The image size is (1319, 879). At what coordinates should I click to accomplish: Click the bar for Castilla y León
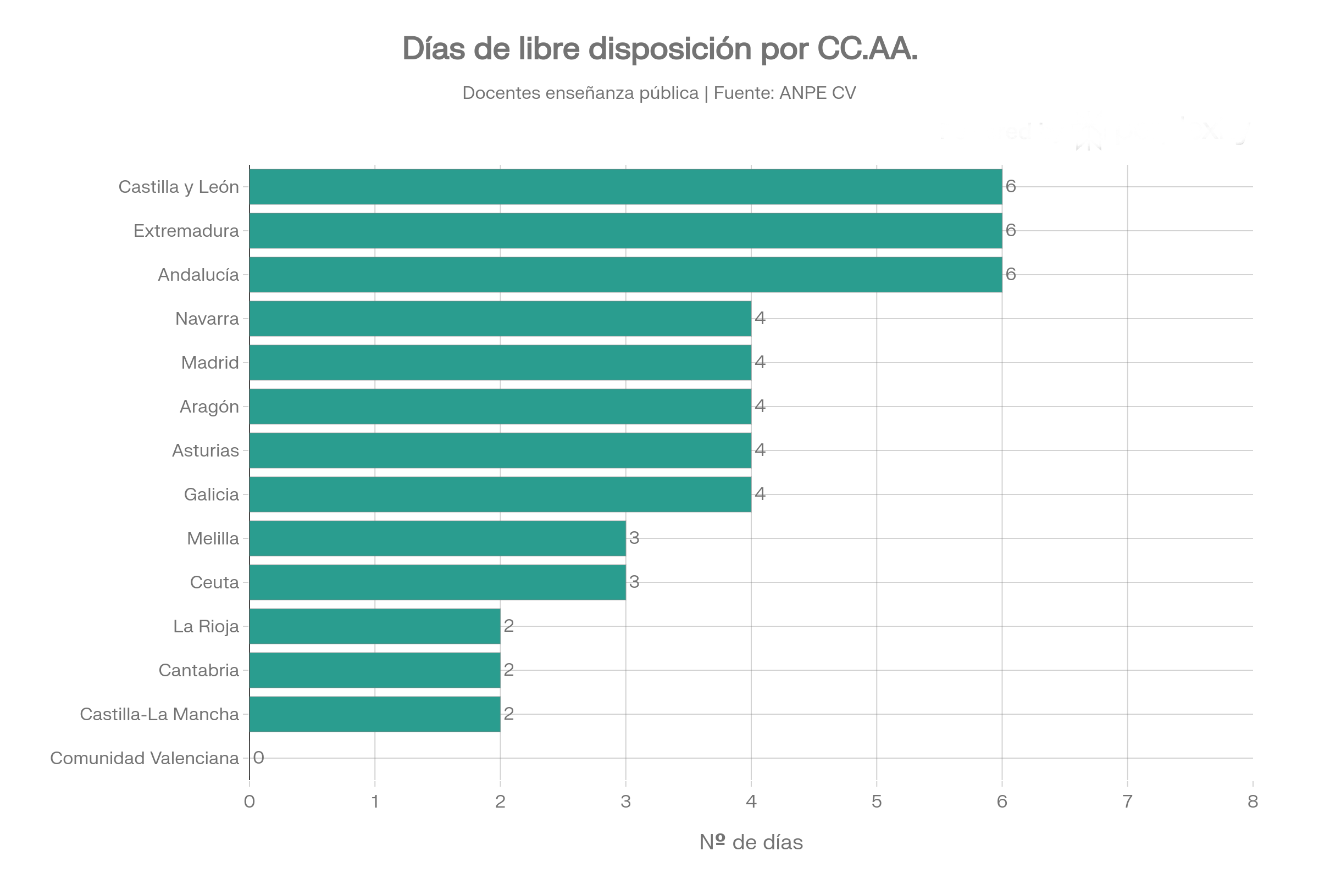(625, 187)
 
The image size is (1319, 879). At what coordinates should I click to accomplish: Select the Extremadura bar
(625, 230)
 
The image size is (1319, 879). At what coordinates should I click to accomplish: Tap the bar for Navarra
(500, 319)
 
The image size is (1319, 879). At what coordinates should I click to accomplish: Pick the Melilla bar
(437, 538)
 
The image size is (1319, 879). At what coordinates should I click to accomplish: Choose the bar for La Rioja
(375, 626)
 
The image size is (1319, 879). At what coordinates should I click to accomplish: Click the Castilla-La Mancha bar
(375, 714)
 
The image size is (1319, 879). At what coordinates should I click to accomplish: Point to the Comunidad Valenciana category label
(145, 759)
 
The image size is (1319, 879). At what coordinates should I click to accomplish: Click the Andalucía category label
(198, 275)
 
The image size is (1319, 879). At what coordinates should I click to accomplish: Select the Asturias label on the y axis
(205, 450)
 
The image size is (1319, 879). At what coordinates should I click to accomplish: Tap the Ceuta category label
(214, 582)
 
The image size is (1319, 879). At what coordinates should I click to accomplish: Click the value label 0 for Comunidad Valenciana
(258, 758)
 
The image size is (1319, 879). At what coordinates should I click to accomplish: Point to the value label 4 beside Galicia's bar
(760, 494)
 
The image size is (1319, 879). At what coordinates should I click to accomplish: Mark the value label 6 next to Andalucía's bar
(1011, 274)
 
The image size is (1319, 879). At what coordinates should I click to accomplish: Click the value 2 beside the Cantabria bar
(509, 670)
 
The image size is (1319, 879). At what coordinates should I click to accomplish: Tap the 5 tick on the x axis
(877, 802)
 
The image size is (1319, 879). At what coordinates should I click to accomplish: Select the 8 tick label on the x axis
(1253, 802)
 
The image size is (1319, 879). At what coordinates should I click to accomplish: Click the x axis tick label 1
(375, 802)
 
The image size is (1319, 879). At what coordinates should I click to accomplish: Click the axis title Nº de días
(751, 843)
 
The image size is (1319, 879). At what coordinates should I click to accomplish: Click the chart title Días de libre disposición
(659, 49)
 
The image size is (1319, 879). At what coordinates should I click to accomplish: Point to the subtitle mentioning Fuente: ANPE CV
(659, 93)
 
